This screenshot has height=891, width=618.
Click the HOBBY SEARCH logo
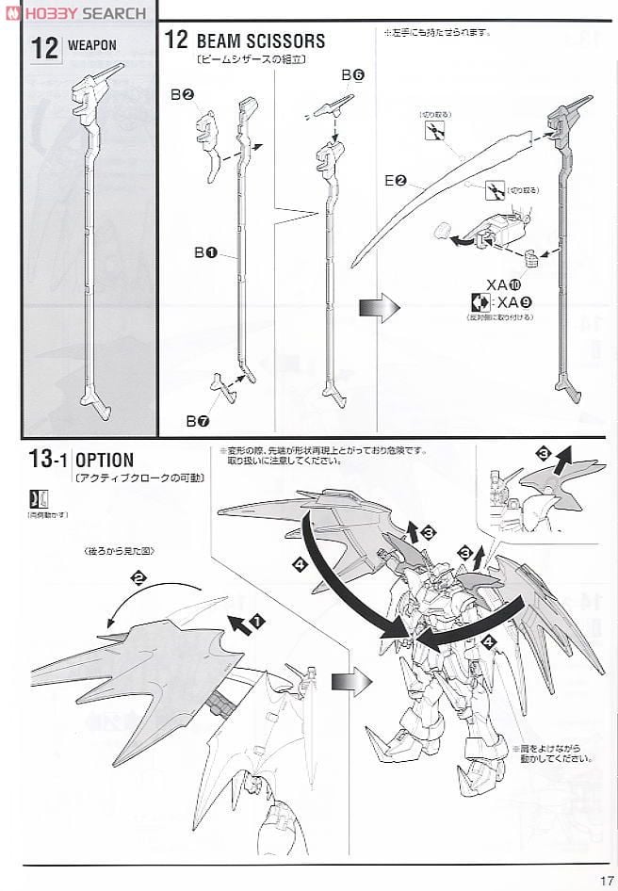click(x=75, y=12)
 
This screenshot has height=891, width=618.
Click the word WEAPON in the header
click(x=91, y=45)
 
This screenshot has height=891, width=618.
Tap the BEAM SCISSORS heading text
click(x=260, y=40)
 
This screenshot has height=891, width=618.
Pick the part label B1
click(x=206, y=252)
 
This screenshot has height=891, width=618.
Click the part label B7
click(x=197, y=420)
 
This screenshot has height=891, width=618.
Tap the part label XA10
click(x=504, y=284)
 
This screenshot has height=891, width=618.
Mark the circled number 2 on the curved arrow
click(x=139, y=578)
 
